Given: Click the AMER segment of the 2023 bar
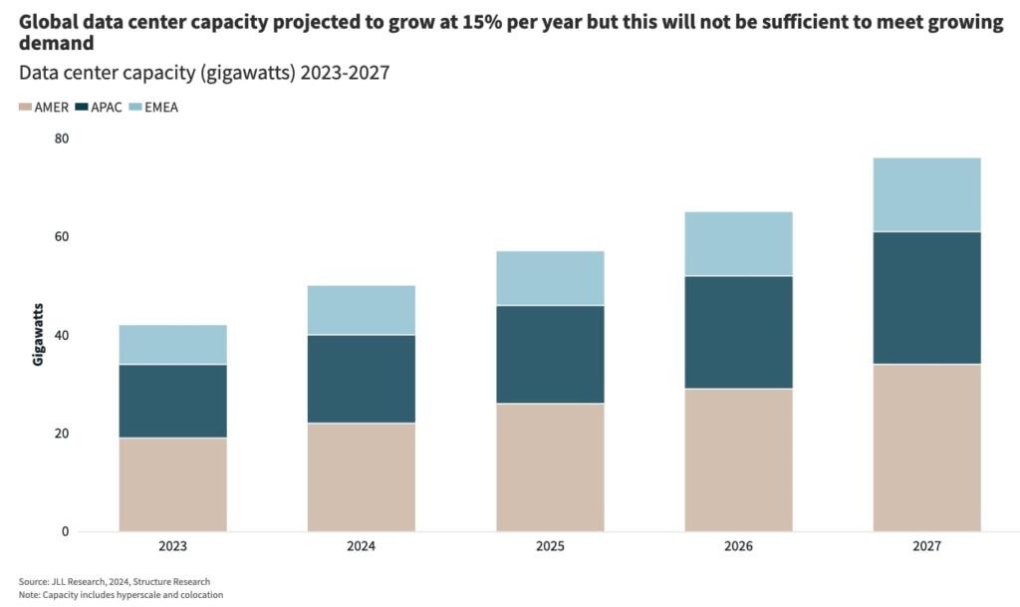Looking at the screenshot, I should (172, 484).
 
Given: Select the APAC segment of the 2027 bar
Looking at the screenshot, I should (926, 298).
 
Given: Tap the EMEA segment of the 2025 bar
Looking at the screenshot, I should (550, 278).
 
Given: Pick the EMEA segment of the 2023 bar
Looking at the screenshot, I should (172, 345).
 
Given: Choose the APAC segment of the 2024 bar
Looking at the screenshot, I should (362, 379).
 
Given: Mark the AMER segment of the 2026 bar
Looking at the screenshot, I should (738, 459).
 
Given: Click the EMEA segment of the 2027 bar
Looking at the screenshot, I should (926, 194).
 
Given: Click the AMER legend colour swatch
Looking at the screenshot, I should (25, 108).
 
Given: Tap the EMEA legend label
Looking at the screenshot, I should (161, 108).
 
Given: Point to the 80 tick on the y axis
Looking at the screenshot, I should (61, 139).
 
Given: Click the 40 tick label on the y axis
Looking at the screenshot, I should (61, 335).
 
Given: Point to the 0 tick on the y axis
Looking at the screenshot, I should (65, 532).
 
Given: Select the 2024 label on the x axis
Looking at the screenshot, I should (362, 547).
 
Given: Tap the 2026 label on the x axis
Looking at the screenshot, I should (738, 547).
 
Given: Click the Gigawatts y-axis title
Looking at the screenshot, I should (39, 334).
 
